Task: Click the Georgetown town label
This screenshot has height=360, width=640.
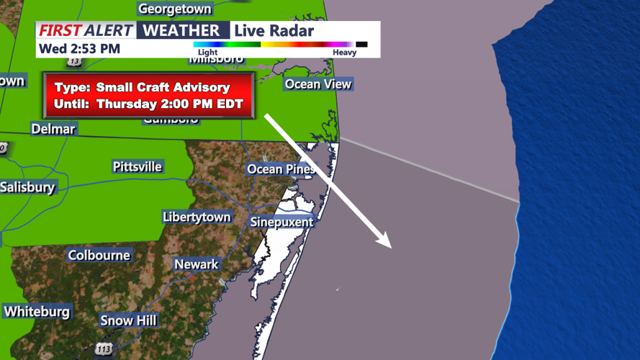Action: (175, 9)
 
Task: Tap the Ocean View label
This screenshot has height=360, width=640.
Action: (318, 84)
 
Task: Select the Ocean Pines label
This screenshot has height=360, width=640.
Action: (281, 169)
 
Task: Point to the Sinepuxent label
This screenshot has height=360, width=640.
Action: (281, 222)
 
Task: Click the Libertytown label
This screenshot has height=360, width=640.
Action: (197, 217)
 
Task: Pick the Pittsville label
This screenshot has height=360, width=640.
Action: (138, 167)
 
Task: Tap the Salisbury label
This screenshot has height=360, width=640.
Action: (27, 187)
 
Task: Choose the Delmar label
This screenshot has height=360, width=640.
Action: (53, 129)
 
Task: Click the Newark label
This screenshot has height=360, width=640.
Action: (197, 264)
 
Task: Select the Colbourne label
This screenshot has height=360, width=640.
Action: (99, 256)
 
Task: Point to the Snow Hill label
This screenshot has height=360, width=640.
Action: (128, 320)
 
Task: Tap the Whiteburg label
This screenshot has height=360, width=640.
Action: (37, 312)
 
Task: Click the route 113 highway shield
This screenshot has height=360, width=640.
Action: (104, 348)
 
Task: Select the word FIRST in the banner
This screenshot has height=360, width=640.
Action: (60, 30)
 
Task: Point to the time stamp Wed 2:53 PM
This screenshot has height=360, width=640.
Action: (79, 49)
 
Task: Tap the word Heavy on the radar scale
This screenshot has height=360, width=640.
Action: (344, 53)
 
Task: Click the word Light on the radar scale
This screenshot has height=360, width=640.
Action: (207, 53)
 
